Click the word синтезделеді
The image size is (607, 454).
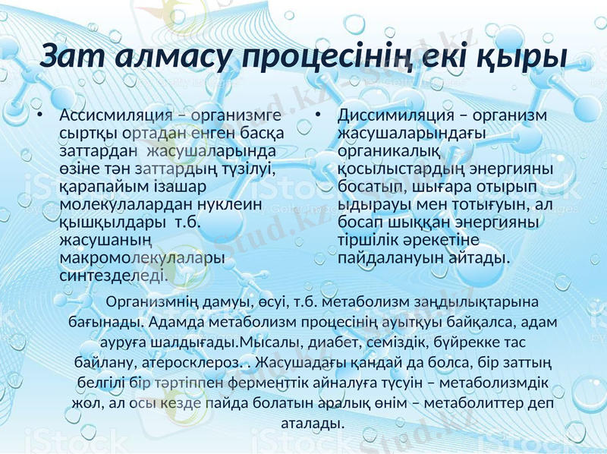[x=114, y=276]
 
